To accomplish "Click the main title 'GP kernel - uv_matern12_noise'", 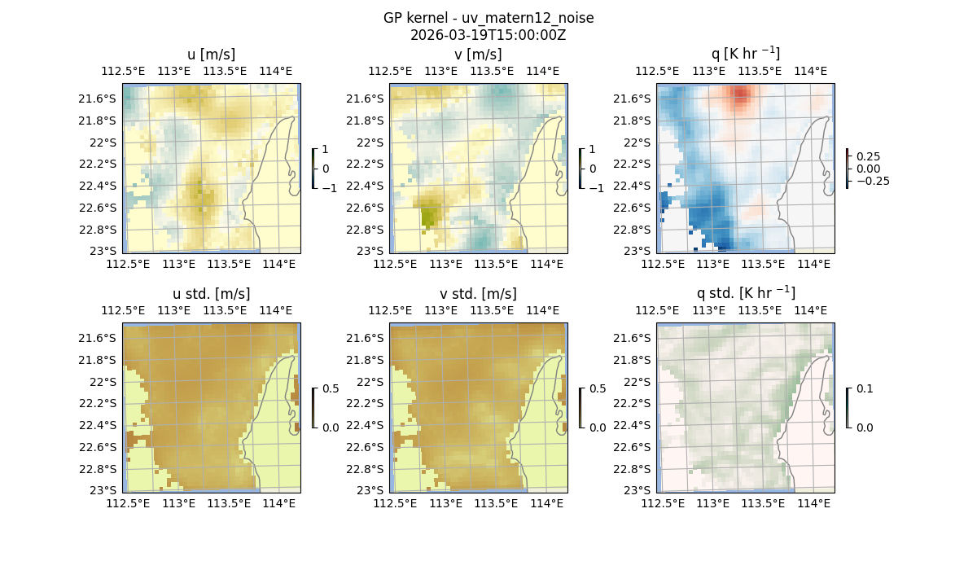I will point(488,18).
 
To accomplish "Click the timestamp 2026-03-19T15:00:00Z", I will point(488,35).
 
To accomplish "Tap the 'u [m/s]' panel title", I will point(211,55).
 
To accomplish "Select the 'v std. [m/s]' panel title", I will point(478,294).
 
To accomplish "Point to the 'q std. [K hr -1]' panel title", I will point(745,293).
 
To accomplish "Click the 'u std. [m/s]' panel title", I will point(211,294).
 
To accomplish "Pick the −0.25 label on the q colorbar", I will point(873,181).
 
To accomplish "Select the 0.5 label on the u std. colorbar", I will point(331,389).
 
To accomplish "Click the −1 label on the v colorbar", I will point(596,187).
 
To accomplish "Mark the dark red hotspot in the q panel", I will point(740,95).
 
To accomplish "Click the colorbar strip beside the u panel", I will point(313,169).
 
